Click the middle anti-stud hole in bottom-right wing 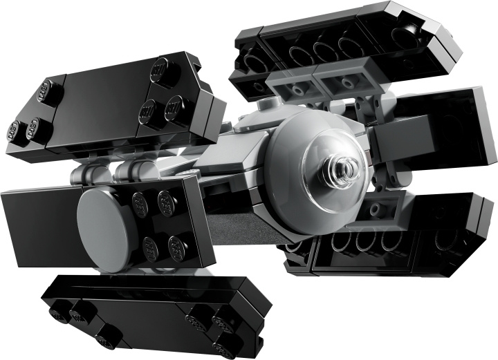(x=367, y=241)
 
